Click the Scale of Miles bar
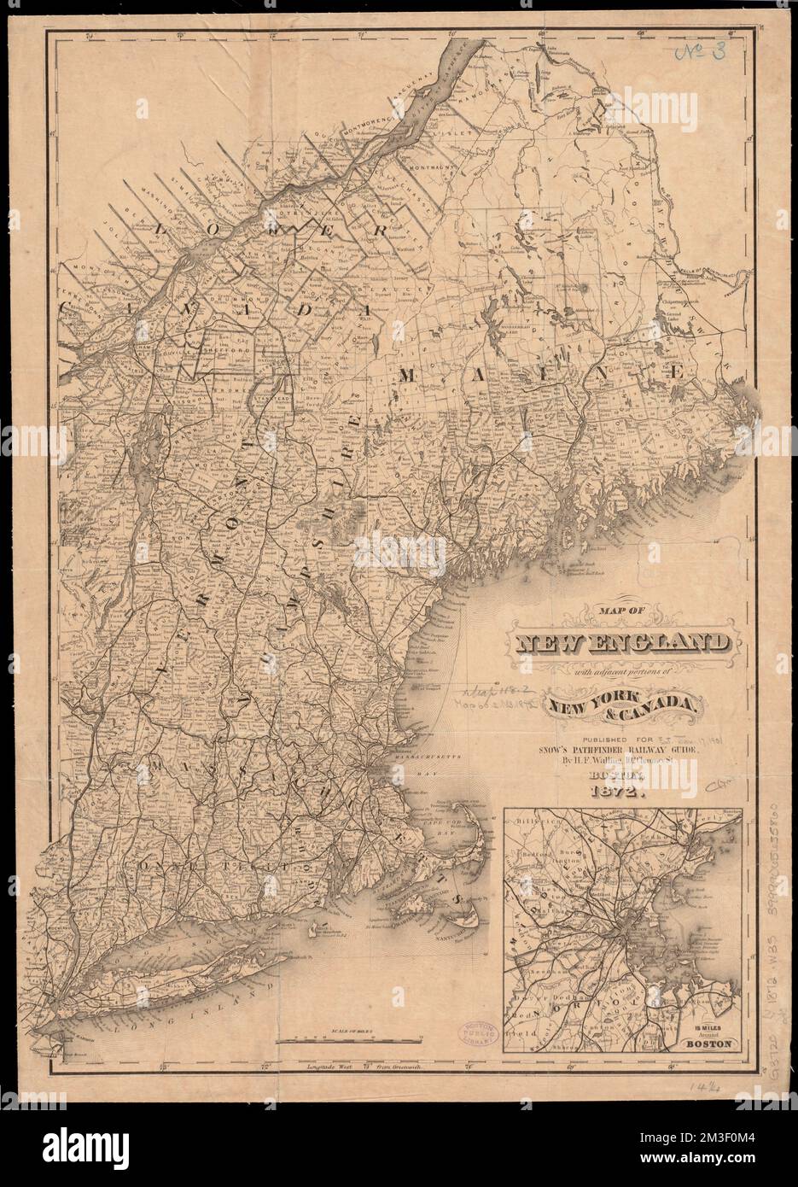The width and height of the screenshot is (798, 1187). pyautogui.click(x=349, y=1039)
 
